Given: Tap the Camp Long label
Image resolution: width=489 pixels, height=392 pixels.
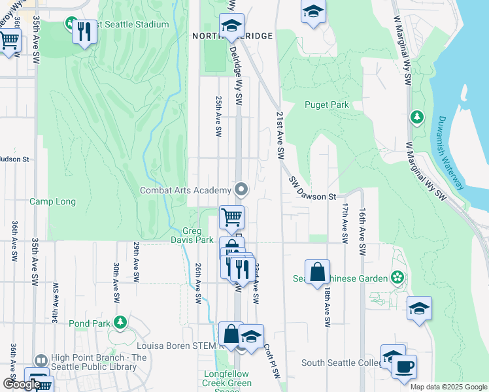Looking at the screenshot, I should [x=52, y=202].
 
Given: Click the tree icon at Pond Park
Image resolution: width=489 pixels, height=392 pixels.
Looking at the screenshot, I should [x=120, y=322].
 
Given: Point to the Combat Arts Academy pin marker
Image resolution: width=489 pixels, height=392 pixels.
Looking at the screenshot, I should [x=241, y=190].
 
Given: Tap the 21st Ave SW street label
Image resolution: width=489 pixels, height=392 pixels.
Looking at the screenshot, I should [x=279, y=136].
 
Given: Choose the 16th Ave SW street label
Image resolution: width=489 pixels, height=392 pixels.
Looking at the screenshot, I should [x=362, y=222].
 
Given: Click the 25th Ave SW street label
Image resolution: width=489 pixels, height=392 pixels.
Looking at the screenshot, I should [x=218, y=116].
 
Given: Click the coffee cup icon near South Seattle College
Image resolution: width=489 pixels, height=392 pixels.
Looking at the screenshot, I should [x=404, y=367].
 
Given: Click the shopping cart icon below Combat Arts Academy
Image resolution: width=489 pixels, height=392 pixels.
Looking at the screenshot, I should [x=231, y=218].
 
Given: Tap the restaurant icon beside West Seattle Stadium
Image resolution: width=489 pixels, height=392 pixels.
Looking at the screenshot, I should [x=84, y=31].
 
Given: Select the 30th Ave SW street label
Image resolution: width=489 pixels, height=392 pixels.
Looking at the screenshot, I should [x=116, y=282].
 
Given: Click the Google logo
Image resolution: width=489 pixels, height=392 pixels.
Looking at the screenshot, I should [x=22, y=384].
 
